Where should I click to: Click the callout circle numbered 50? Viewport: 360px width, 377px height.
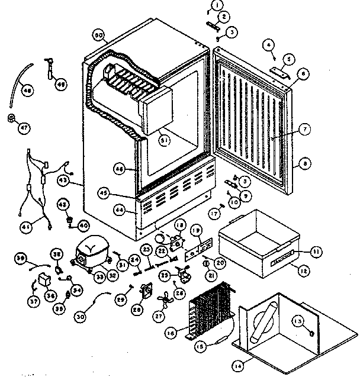(x=99, y=36)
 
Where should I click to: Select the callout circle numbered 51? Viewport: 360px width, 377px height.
(x=164, y=140)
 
